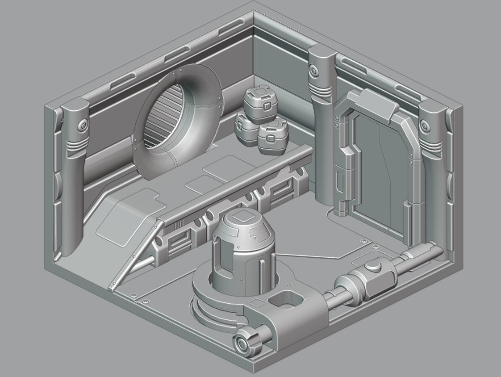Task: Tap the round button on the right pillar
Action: (x=426, y=124)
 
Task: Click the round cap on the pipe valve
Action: (x=372, y=267)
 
